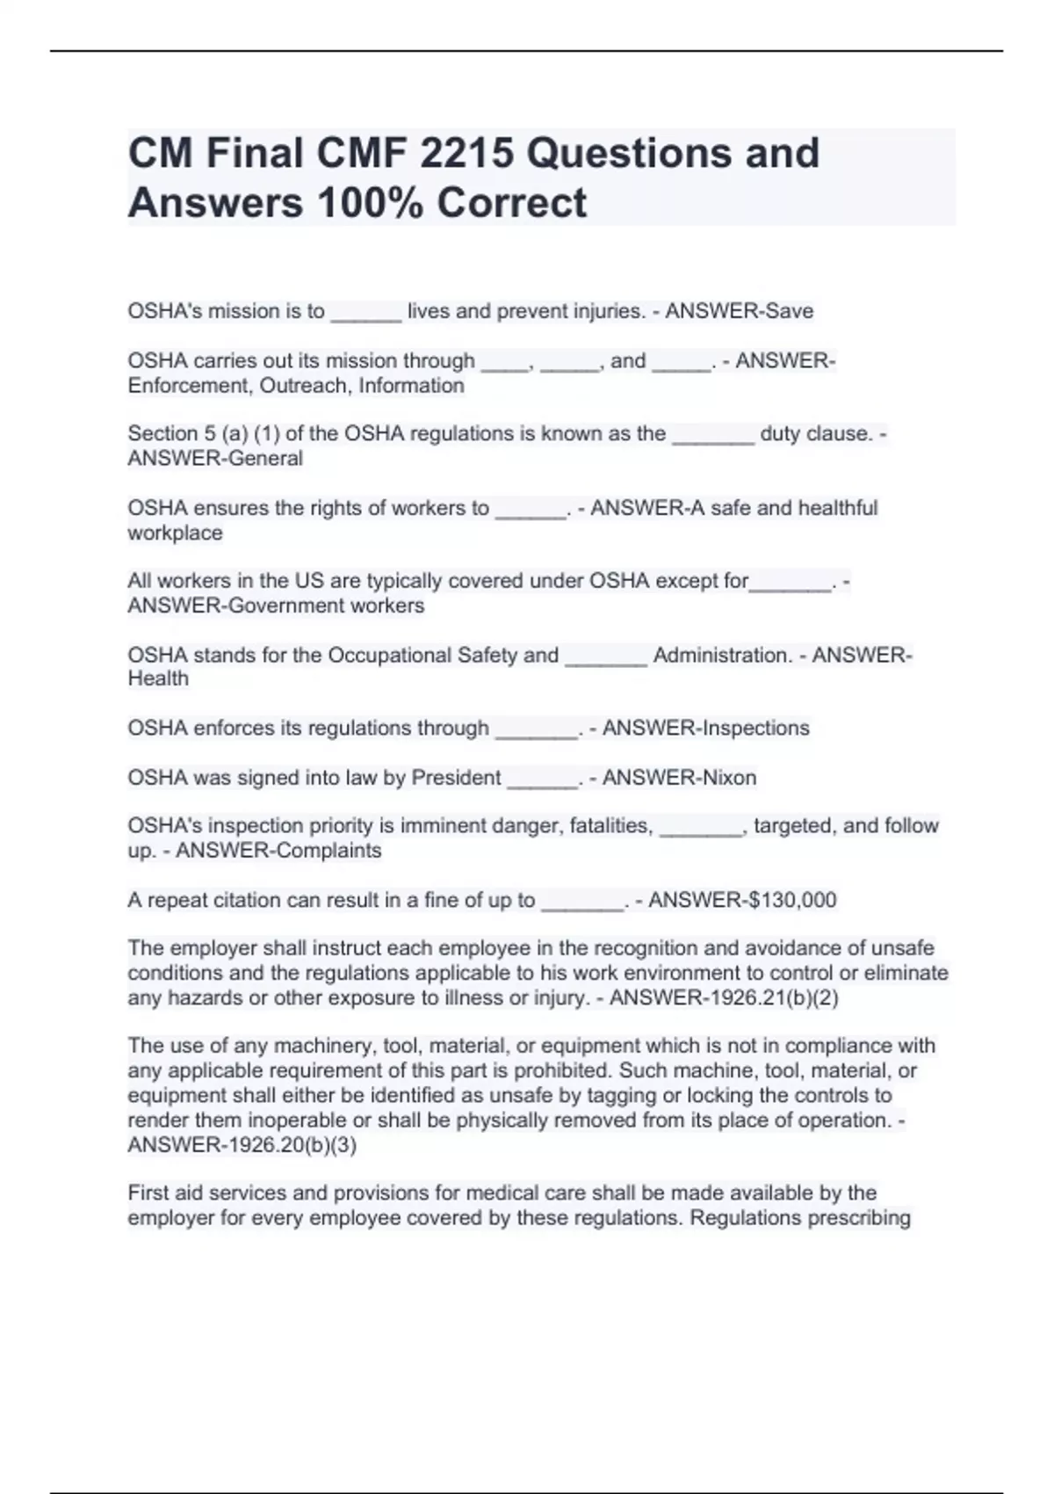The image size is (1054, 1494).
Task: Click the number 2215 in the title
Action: (x=466, y=153)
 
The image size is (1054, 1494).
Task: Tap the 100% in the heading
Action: (x=369, y=203)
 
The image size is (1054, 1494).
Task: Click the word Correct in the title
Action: (x=511, y=203)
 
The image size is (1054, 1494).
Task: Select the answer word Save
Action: (x=790, y=311)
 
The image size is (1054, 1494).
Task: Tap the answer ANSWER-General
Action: (x=215, y=459)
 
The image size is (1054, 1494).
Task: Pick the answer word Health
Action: (x=158, y=678)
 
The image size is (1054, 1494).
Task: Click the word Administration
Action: (x=721, y=656)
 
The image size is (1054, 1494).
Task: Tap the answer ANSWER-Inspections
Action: (x=705, y=729)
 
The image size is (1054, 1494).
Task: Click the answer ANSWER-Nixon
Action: (x=679, y=778)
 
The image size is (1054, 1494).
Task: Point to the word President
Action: (x=456, y=778)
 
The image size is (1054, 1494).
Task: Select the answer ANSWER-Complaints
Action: (x=278, y=851)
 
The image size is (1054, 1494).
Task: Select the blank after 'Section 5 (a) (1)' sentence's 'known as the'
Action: (x=713, y=436)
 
